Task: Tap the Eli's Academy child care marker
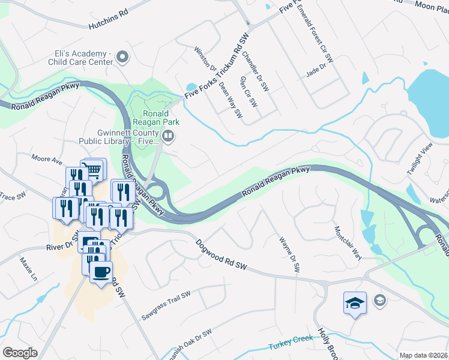123,58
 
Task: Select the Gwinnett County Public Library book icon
169,137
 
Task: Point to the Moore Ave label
47,161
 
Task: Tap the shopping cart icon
93,170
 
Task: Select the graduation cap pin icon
355,302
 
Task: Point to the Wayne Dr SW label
289,255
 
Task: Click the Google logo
20,353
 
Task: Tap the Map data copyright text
424,355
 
